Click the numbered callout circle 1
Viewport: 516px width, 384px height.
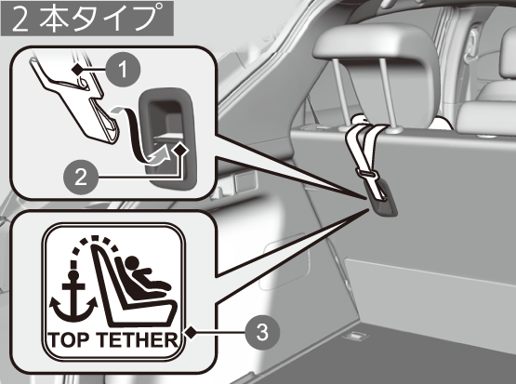pos(123,70)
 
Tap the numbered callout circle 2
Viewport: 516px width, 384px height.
pos(81,177)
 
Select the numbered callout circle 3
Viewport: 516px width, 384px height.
pos(262,332)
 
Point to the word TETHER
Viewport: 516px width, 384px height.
pos(139,340)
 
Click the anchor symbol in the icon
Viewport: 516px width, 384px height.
pos(73,298)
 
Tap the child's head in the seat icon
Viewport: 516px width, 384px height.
pos(132,262)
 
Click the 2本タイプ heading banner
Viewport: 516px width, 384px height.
pos(87,18)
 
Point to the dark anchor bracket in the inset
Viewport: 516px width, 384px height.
pos(168,139)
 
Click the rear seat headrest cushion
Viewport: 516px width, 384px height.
pos(376,46)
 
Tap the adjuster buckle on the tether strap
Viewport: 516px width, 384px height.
pos(366,173)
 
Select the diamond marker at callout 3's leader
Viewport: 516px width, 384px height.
pos(191,333)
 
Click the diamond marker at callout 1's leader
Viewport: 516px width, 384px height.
pos(77,69)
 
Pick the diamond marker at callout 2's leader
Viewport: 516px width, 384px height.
pos(180,150)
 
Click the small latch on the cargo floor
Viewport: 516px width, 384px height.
pos(355,336)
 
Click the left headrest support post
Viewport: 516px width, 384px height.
pos(337,94)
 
